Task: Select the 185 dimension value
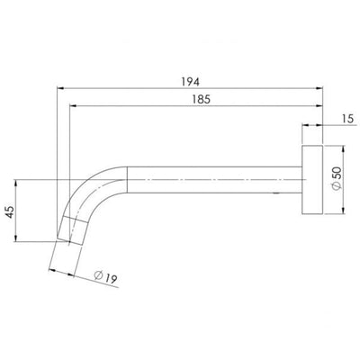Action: pyautogui.click(x=201, y=101)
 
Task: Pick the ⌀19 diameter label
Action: pyautogui.click(x=105, y=280)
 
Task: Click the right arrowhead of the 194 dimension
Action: pyautogui.click(x=322, y=87)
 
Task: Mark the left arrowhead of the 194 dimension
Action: pyautogui.click(x=63, y=87)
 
